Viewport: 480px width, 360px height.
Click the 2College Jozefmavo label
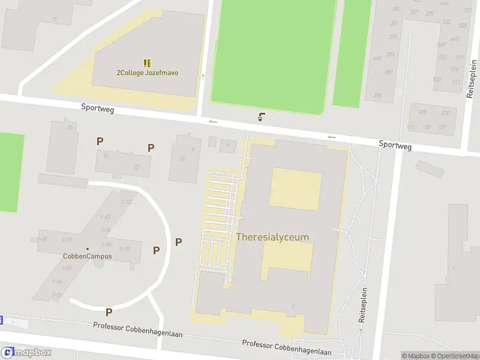click(x=147, y=73)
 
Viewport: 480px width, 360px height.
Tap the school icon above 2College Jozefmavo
click(x=147, y=62)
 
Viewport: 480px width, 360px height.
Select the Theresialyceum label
click(x=273, y=237)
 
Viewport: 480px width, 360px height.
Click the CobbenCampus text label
click(x=88, y=256)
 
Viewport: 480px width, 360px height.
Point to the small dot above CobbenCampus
click(x=88, y=248)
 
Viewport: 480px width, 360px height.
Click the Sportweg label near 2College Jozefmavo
click(x=98, y=109)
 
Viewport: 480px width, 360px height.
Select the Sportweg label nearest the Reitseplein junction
click(x=395, y=145)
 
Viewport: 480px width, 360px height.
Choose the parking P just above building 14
click(x=100, y=141)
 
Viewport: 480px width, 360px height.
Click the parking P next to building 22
click(x=151, y=147)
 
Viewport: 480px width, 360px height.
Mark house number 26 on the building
click(x=70, y=127)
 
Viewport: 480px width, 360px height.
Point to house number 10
click(x=182, y=159)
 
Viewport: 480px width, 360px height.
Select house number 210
click(x=445, y=113)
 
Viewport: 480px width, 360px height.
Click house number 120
click(x=427, y=127)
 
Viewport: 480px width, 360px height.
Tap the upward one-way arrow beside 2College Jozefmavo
click(x=203, y=77)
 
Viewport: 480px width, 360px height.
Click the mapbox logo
click(x=26, y=353)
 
